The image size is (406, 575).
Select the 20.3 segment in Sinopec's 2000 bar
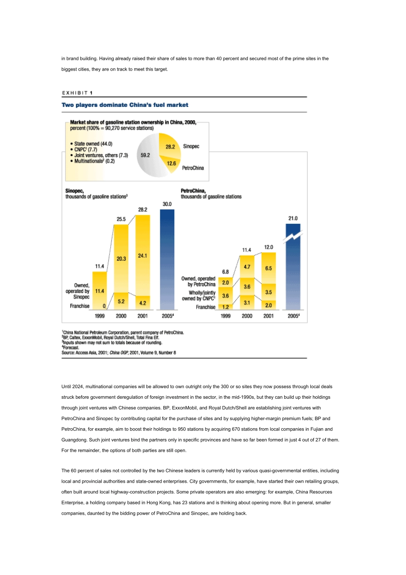[121, 258]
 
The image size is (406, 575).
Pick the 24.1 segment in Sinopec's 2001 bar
[143, 255]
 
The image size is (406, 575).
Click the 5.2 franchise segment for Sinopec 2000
[121, 301]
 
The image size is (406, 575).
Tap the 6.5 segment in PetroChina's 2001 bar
[268, 268]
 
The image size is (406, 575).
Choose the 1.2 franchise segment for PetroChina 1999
[226, 307]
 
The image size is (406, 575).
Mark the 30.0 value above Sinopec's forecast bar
[167, 204]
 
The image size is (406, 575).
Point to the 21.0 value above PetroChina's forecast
[293, 218]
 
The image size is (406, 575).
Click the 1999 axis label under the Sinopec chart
[100, 316]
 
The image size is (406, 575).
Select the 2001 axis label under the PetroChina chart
[268, 316]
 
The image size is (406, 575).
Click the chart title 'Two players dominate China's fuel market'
[125, 105]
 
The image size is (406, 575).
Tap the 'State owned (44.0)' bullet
[93, 144]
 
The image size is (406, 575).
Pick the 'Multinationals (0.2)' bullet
[94, 161]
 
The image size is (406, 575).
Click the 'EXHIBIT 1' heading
[77, 93]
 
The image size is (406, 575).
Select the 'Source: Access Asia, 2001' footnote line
[119, 353]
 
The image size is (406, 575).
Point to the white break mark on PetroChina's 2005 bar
[293, 236]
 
